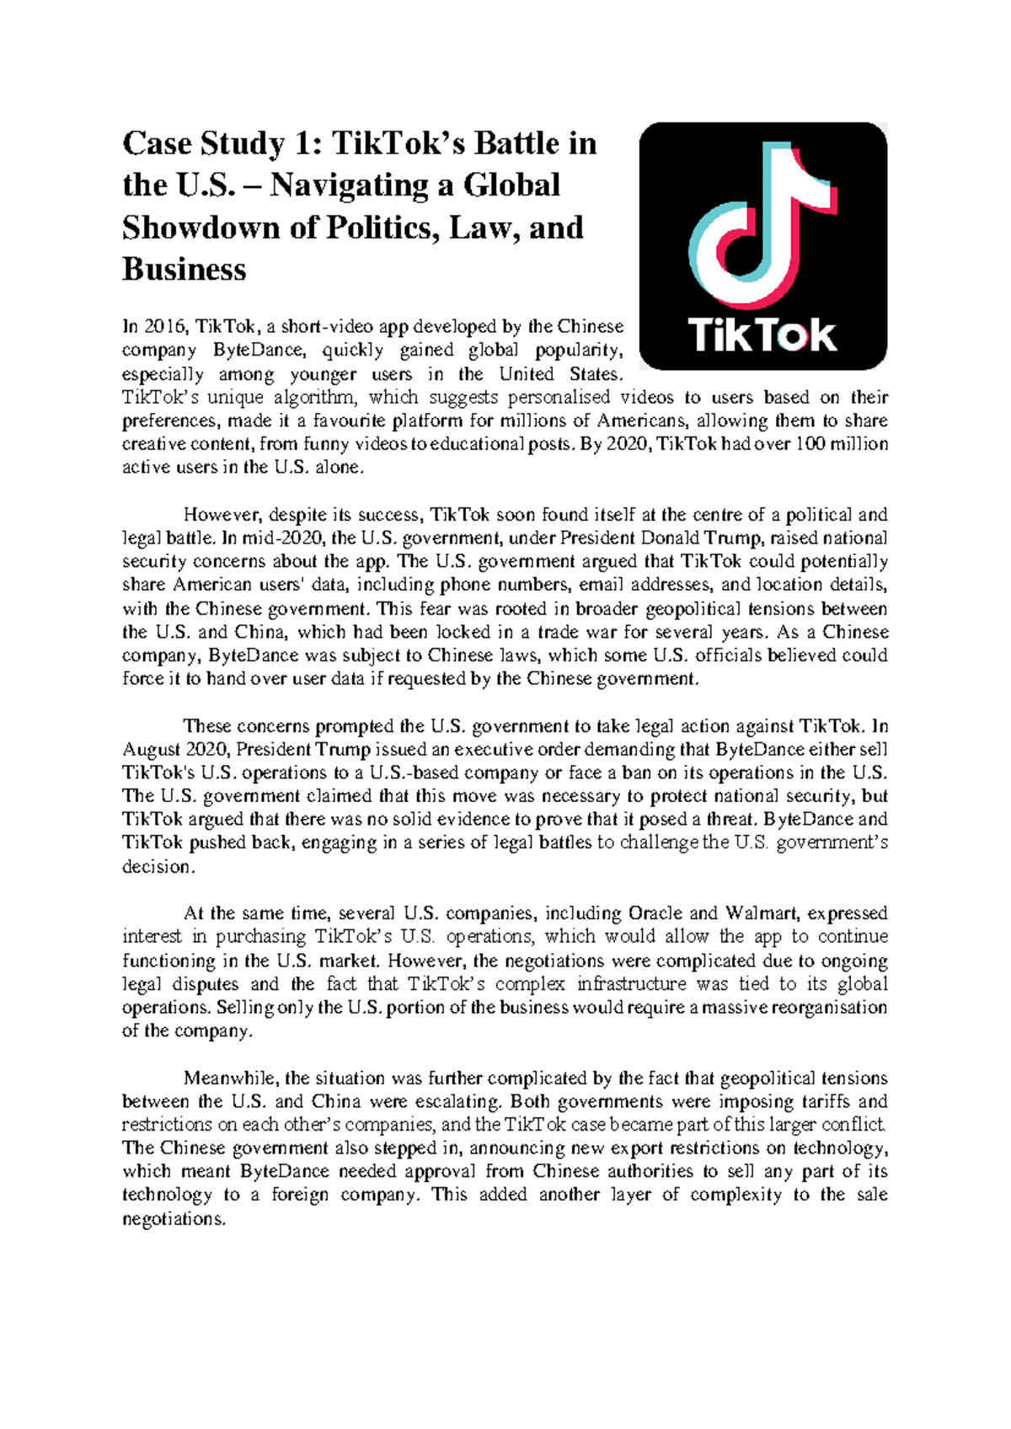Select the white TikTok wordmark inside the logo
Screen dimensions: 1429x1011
762,335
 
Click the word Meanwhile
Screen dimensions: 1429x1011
230,1078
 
